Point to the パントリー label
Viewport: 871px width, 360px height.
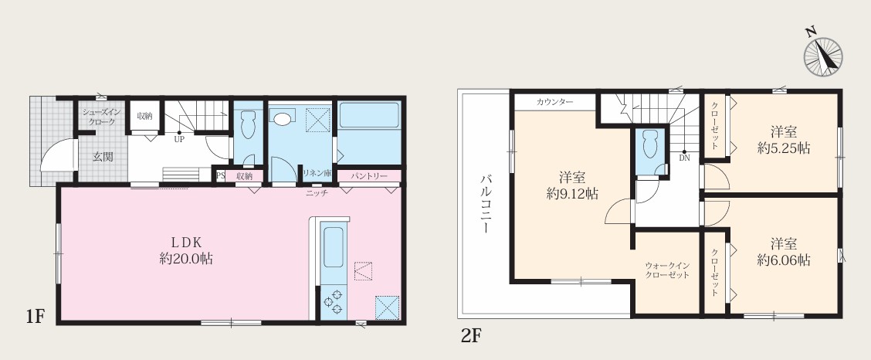(x=369, y=176)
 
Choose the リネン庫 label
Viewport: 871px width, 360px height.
(x=317, y=173)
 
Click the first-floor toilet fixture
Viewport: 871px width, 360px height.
(x=248, y=126)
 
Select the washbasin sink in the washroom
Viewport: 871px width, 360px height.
(x=283, y=118)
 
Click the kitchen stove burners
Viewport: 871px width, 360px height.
(x=334, y=301)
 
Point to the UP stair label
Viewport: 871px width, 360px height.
(x=179, y=140)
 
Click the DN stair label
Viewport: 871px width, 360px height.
(x=684, y=158)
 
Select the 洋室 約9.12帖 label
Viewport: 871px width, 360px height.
(x=572, y=186)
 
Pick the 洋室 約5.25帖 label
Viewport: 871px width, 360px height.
(x=784, y=140)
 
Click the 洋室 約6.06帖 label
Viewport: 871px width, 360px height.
(x=784, y=252)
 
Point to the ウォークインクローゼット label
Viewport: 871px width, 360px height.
(x=667, y=270)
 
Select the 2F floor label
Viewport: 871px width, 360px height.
(x=471, y=336)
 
